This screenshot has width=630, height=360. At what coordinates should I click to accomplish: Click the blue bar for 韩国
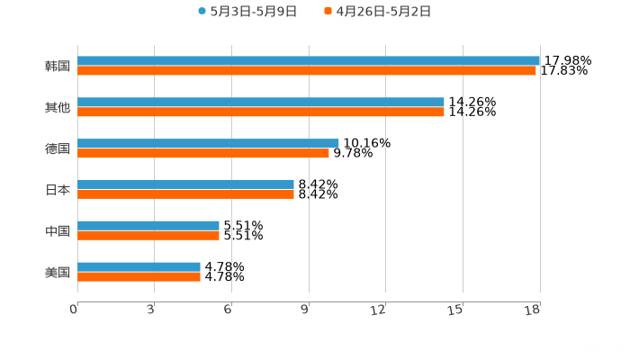[x=309, y=61]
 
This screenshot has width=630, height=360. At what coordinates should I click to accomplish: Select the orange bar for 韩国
[x=307, y=71]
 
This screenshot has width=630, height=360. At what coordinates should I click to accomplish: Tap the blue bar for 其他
[x=261, y=103]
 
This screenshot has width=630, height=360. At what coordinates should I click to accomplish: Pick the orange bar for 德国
[x=203, y=154]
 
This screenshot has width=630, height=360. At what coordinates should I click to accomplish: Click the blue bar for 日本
[x=185, y=184]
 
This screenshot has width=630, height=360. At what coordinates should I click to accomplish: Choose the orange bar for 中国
[x=148, y=236]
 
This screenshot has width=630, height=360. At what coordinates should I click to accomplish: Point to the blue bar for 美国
[x=139, y=266]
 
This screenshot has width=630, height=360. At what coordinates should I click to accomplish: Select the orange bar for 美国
[x=139, y=277]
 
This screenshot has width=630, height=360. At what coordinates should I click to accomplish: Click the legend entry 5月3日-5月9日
[x=253, y=12]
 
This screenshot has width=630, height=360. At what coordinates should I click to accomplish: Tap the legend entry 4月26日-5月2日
[x=383, y=12]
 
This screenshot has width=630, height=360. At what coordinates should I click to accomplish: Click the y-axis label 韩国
[x=58, y=67]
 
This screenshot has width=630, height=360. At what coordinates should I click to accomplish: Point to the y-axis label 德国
[x=58, y=148]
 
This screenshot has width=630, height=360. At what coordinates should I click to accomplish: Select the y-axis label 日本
[x=58, y=190]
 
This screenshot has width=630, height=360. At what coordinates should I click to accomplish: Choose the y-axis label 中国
[x=58, y=231]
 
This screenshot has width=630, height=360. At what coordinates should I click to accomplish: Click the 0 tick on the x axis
[x=75, y=310]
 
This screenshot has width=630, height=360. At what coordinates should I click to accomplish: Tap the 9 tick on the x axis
[x=305, y=310]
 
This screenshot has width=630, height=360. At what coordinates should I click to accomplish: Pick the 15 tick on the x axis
[x=456, y=310]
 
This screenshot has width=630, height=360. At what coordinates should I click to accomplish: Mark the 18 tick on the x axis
[x=533, y=310]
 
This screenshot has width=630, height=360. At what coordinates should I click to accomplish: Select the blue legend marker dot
[x=202, y=12]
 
